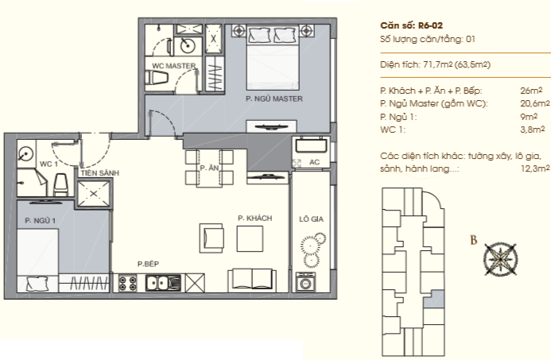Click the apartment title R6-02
point(412,25)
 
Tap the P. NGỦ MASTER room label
point(274,99)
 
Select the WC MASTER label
point(174,66)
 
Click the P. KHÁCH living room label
point(254,218)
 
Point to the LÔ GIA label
point(312,219)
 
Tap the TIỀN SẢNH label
point(100,172)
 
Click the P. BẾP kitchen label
point(149,264)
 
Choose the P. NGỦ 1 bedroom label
point(40,221)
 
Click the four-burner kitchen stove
point(127,283)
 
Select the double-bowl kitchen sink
point(163,283)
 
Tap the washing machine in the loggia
point(305,281)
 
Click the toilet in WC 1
point(60,184)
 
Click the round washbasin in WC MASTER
point(188,45)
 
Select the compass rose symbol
point(500,259)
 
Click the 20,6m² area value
point(535,103)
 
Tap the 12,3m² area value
point(535,168)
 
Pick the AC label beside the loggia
point(315,162)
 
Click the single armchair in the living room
point(211,238)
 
